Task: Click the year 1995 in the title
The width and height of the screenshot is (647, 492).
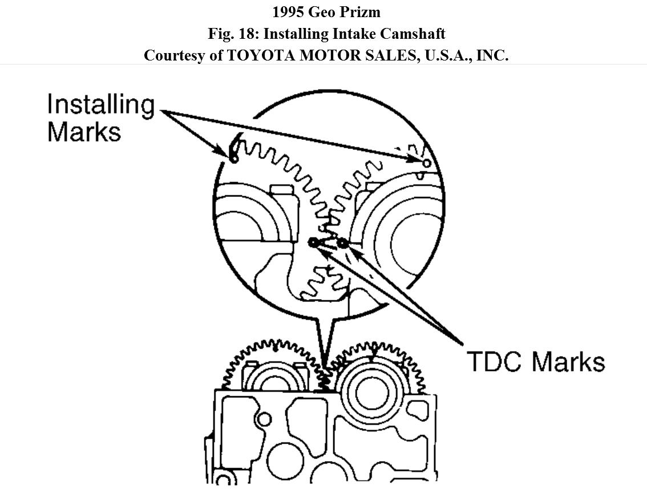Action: tap(288, 12)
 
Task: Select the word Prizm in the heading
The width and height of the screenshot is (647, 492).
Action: tap(361, 12)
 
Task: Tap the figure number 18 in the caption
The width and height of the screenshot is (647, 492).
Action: tap(249, 34)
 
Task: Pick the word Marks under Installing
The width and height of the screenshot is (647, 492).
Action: tap(84, 131)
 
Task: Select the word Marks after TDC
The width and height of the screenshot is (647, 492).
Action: tap(567, 362)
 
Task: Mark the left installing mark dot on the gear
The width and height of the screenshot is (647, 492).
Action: tap(233, 158)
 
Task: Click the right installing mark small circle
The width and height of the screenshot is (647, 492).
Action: tap(426, 163)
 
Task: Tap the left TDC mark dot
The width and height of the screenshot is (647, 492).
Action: tap(313, 243)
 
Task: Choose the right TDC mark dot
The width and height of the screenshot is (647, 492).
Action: tap(342, 244)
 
